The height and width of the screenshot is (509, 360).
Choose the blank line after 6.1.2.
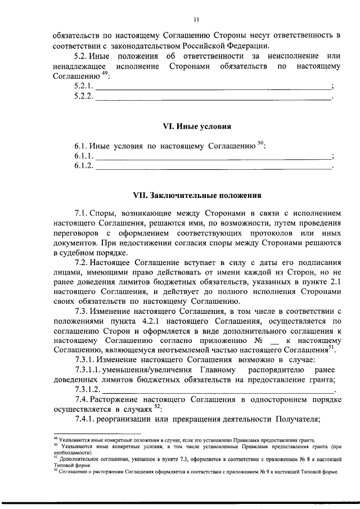[x=214, y=167]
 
